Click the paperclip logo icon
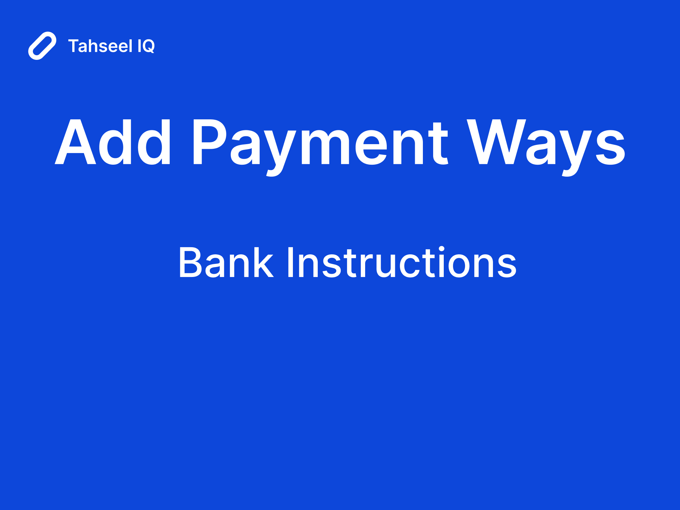point(42,46)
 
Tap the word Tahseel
point(100,46)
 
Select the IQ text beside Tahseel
point(146,46)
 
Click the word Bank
point(226,262)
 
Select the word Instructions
point(401,262)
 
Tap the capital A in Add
point(75,142)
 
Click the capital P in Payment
point(209,142)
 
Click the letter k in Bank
point(263,262)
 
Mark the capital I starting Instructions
point(290,262)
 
